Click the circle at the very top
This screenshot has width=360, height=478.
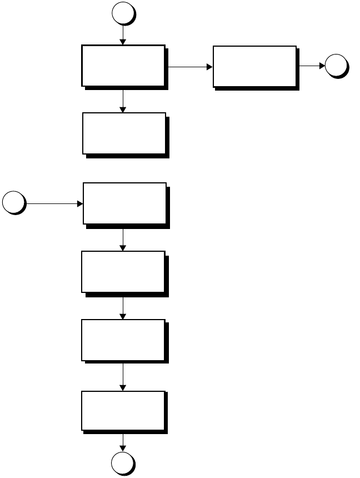point(122,13)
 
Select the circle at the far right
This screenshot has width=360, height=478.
point(336,66)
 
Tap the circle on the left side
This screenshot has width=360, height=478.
point(13,203)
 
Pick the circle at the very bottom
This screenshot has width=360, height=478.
point(122,463)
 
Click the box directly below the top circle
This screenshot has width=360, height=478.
point(123,66)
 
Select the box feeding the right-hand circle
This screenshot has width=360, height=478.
point(255,67)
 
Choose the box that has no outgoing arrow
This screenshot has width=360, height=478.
point(124,133)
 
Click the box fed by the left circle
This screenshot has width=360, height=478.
point(125,203)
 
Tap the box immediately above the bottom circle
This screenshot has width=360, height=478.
point(123,410)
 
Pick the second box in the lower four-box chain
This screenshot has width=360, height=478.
point(123,271)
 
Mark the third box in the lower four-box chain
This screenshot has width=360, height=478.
point(123,340)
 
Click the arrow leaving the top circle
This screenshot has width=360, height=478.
point(122,34)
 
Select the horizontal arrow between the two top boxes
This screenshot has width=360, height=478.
point(189,67)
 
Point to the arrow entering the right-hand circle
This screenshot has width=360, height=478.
point(312,66)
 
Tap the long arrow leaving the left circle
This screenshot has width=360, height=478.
point(53,203)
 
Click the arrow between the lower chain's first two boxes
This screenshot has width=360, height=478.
point(122,239)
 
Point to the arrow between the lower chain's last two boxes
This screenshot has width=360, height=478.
point(122,376)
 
